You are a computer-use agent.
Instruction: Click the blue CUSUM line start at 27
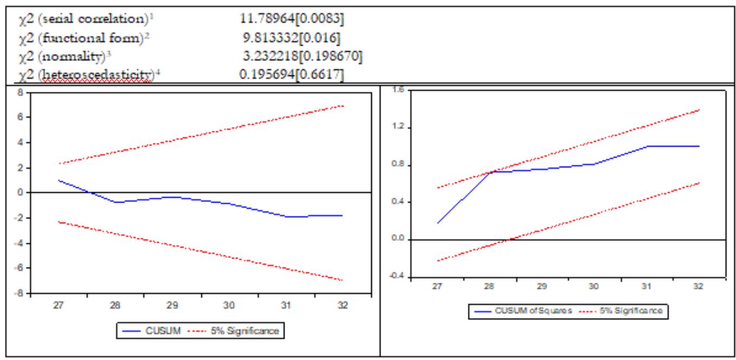click(x=58, y=180)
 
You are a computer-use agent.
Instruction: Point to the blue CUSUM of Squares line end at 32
click(x=699, y=146)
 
